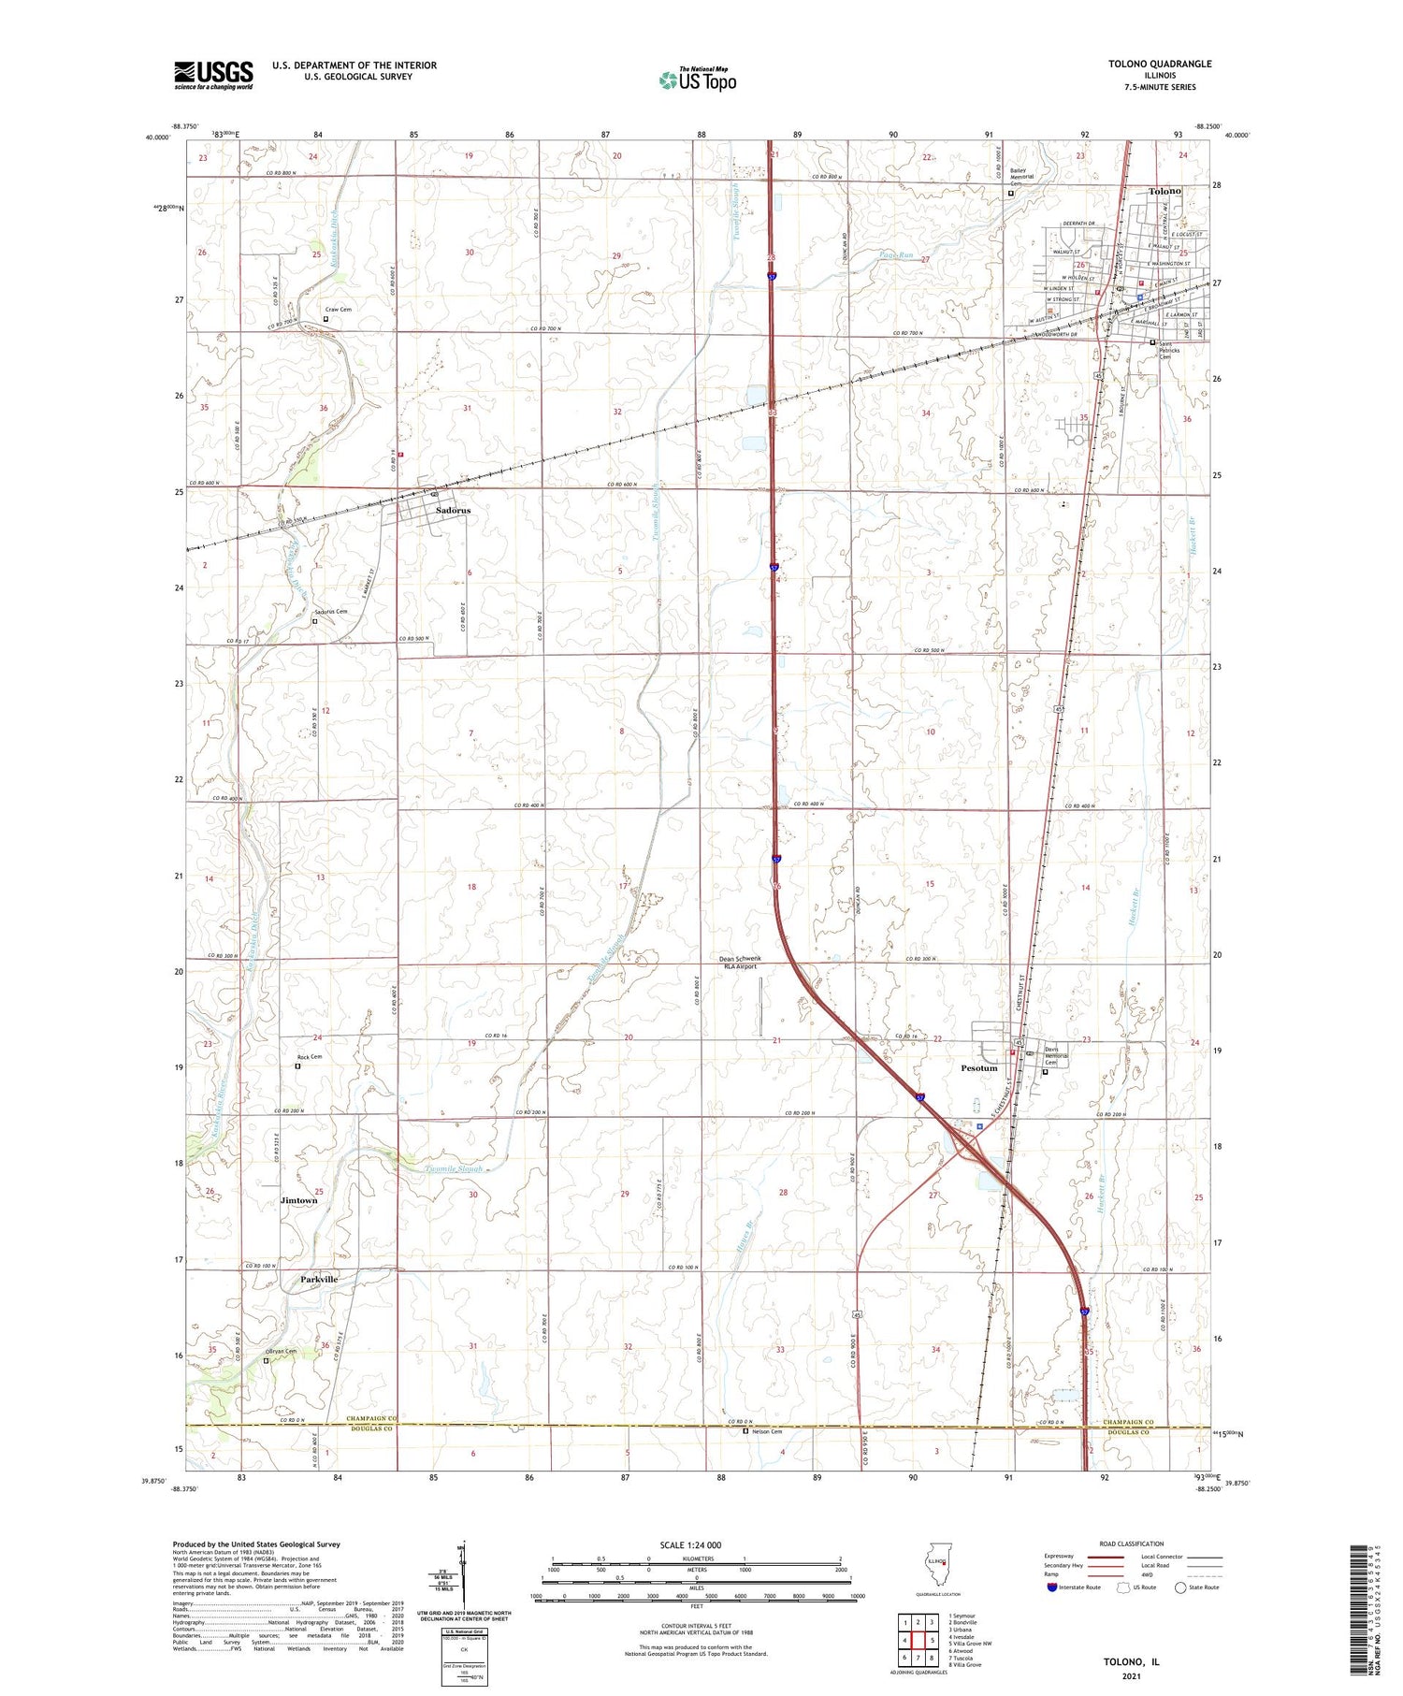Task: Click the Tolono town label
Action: pos(1164,191)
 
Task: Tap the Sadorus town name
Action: pos(454,511)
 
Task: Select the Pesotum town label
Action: pos(979,1068)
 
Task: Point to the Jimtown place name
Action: pos(299,1200)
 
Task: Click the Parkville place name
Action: pos(319,1279)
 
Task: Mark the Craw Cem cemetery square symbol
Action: pos(325,319)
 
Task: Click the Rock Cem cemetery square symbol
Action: pos(298,1066)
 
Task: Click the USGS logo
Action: pos(213,75)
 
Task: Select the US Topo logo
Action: pos(698,80)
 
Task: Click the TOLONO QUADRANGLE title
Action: pos(1146,64)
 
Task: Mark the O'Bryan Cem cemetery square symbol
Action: pos(266,1361)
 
